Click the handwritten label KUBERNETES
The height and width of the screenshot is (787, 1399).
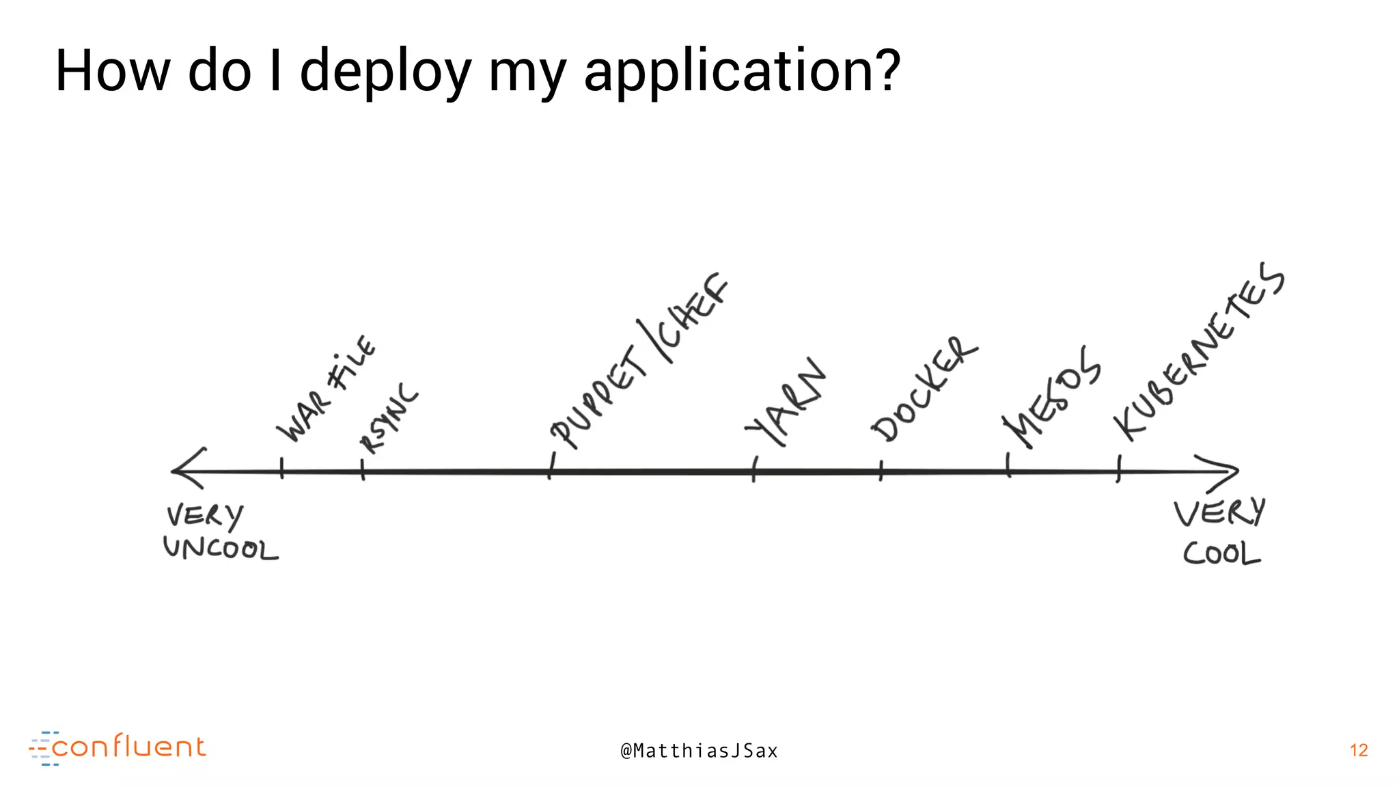pyautogui.click(x=1199, y=351)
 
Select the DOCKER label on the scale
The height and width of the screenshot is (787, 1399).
pyautogui.click(x=924, y=389)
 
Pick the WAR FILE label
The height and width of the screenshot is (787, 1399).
pyautogui.click(x=327, y=389)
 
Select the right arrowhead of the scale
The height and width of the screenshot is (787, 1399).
pyautogui.click(x=1223, y=471)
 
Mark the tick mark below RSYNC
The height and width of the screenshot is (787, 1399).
pyautogui.click(x=363, y=470)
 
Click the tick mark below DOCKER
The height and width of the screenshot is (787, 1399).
pyautogui.click(x=881, y=471)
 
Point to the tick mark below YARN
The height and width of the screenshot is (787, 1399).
pyautogui.click(x=754, y=470)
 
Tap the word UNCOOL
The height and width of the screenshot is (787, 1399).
pyautogui.click(x=221, y=549)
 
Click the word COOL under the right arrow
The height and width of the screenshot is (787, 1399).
pyautogui.click(x=1221, y=553)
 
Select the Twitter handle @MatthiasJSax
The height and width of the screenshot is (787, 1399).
pyautogui.click(x=699, y=751)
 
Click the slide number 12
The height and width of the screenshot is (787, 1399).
pyautogui.click(x=1359, y=750)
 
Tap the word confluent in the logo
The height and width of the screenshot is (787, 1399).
pyautogui.click(x=128, y=747)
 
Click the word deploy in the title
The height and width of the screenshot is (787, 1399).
pyautogui.click(x=385, y=72)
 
